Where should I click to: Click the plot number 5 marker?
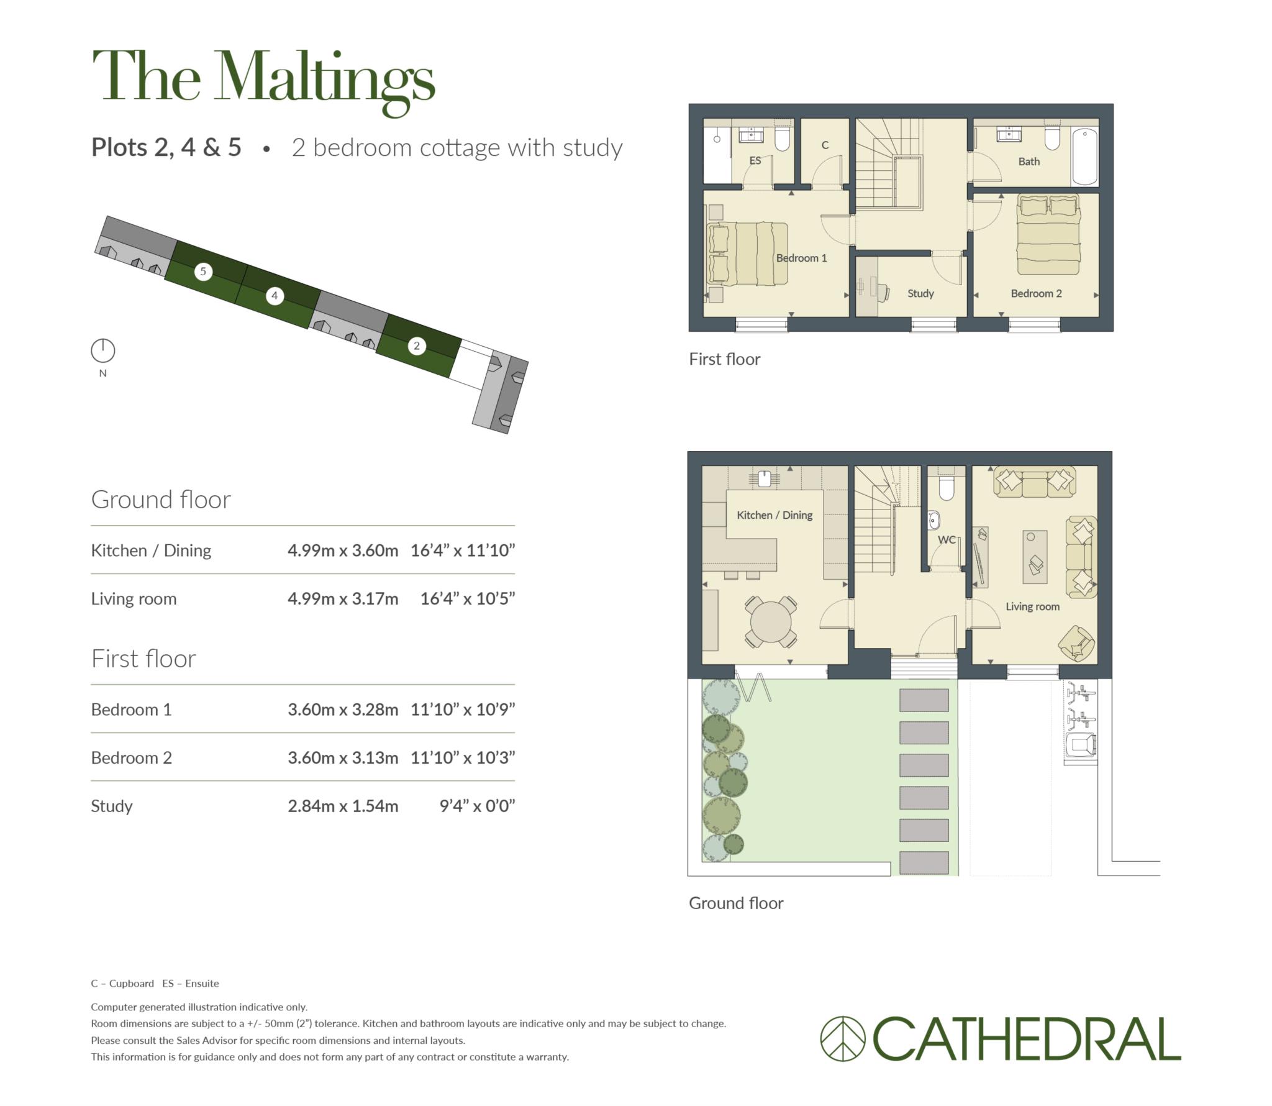coord(203,272)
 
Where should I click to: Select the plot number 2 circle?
coord(417,346)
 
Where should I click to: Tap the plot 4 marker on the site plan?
coord(275,296)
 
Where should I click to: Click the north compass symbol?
coord(103,350)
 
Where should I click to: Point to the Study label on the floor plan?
coord(920,293)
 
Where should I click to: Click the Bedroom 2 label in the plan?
coord(1036,293)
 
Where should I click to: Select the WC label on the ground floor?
coord(947,540)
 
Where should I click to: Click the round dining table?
coord(771,621)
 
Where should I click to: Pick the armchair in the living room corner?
coord(1076,643)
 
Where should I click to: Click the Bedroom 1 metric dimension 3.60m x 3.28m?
coord(343,710)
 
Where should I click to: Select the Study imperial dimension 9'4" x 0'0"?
coord(477,806)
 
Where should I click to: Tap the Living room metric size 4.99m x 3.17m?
coord(343,599)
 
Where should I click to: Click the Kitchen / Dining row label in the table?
coord(151,551)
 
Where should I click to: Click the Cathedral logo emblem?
coord(843,1038)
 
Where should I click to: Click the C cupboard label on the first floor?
coord(825,145)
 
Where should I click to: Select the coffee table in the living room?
coord(1035,557)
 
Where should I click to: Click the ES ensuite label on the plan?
coord(755,160)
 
